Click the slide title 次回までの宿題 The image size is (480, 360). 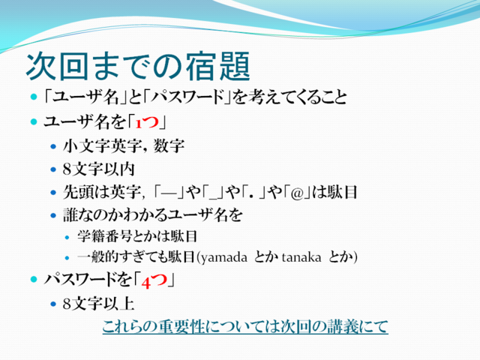point(138,67)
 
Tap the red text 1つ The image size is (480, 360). point(147,122)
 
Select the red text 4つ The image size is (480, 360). point(154,280)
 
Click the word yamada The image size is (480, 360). point(223,257)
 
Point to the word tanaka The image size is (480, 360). point(301,257)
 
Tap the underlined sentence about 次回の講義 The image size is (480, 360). point(245,327)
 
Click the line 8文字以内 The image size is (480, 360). point(98,169)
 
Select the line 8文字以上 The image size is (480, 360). point(98,304)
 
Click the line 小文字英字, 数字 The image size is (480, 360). point(124,145)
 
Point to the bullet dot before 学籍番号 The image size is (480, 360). point(67,237)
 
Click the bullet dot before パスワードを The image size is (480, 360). point(34,279)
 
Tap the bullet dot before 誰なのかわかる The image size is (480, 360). point(53,215)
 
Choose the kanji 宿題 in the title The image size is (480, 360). point(218,67)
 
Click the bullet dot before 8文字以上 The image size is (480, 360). point(53,304)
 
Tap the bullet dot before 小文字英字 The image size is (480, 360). point(53,147)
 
